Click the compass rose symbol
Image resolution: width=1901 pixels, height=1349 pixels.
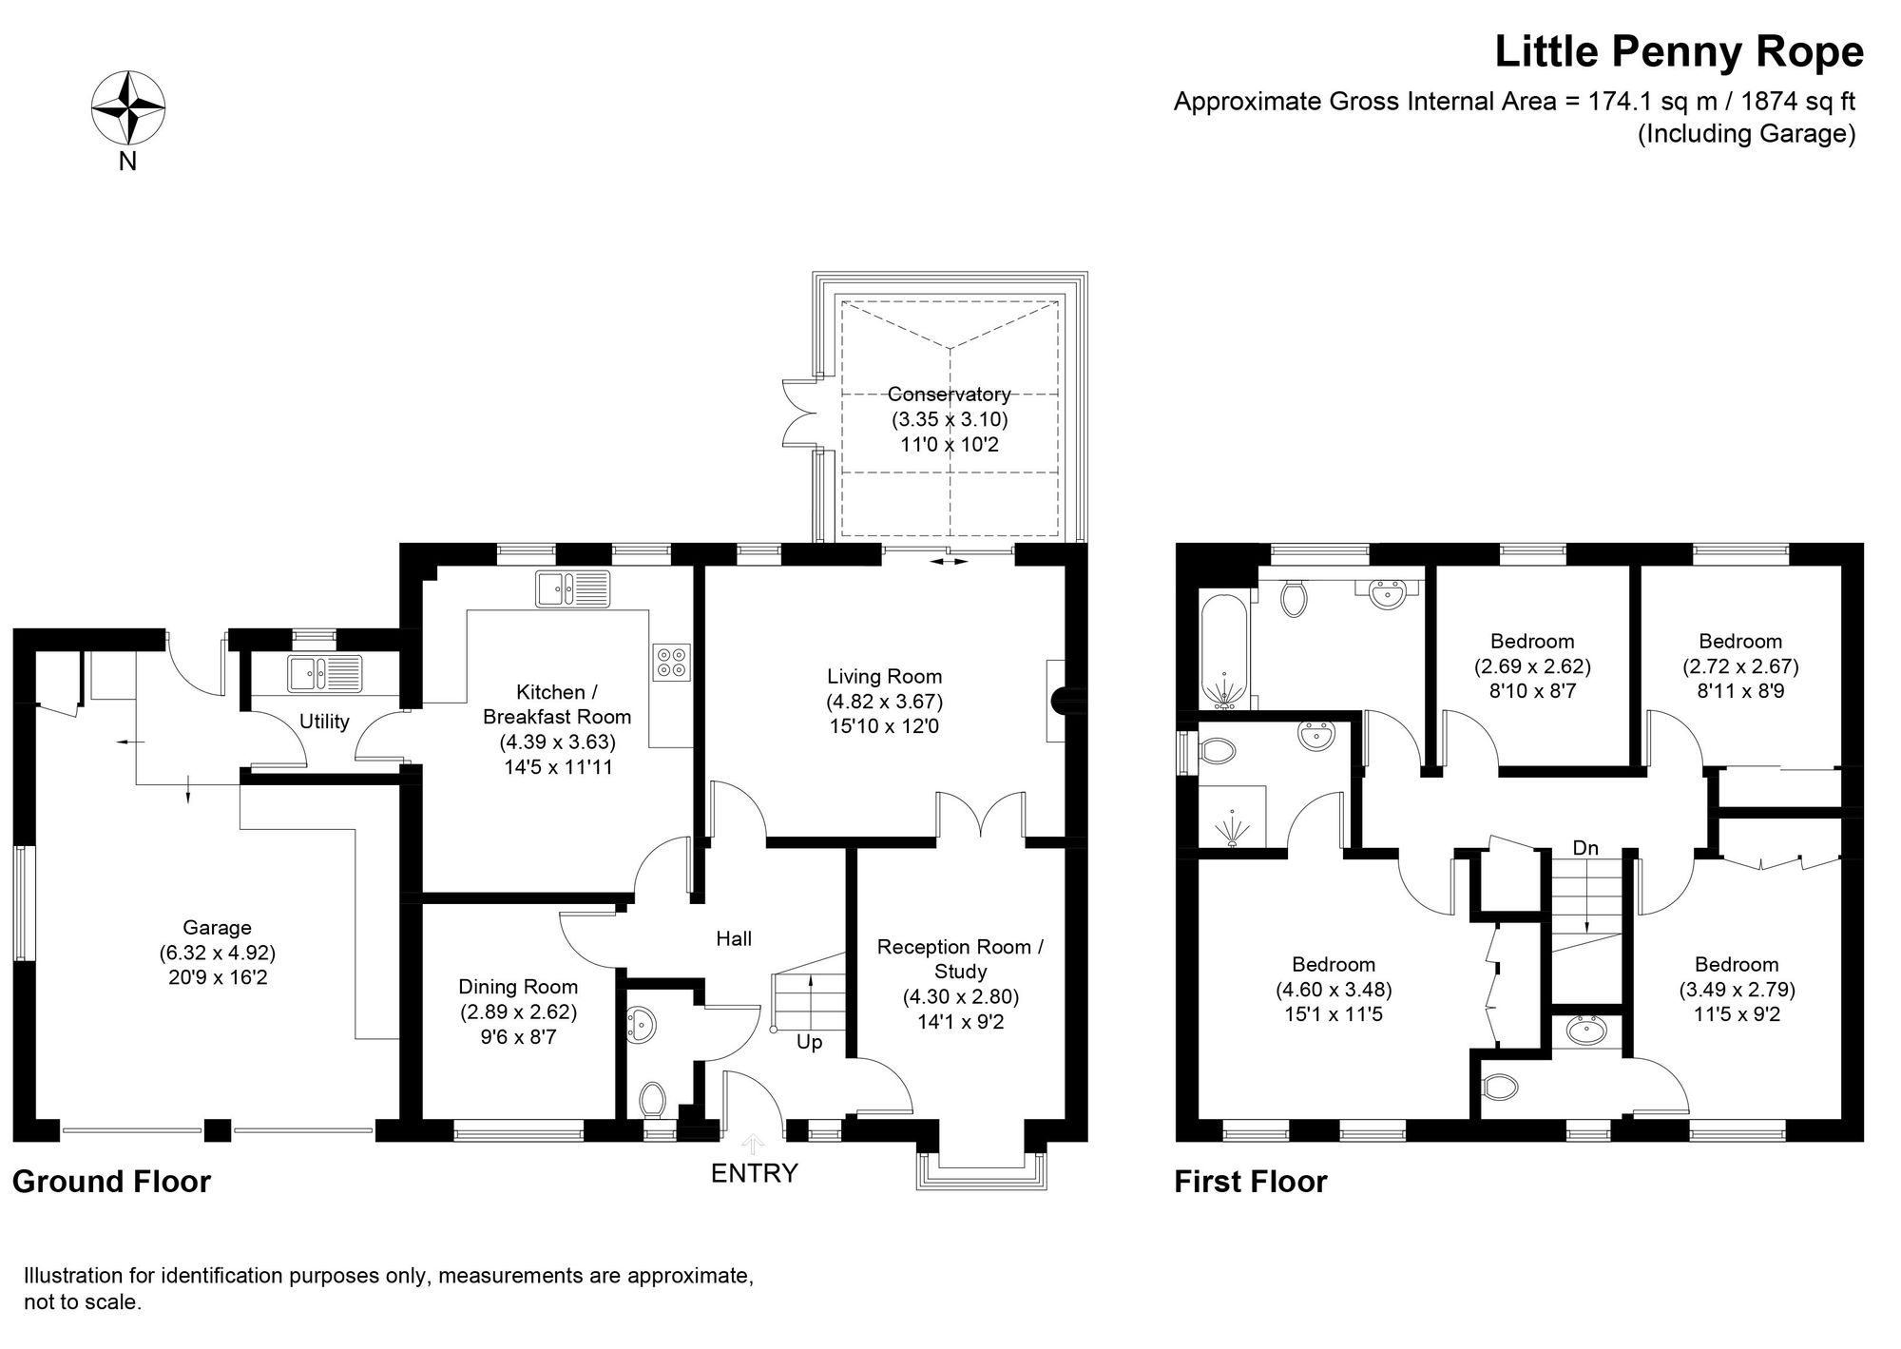pos(128,108)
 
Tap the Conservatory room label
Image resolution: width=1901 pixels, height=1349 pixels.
pos(949,394)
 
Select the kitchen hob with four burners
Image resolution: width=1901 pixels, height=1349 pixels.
pos(672,663)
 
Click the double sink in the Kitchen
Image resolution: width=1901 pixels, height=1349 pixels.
pos(572,588)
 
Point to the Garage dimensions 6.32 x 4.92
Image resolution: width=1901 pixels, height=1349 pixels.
pos(218,953)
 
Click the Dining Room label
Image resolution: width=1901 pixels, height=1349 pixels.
pos(518,987)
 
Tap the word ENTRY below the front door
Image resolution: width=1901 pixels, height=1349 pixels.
pos(754,1173)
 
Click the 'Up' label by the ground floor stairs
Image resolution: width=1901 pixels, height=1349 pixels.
pos(809,1042)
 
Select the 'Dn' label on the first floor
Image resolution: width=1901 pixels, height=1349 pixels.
pos(1584,847)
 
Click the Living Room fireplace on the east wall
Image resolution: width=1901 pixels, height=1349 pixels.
pos(1056,701)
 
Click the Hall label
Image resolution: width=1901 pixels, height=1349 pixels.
pos(734,939)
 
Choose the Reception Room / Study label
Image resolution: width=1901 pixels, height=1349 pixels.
pos(960,958)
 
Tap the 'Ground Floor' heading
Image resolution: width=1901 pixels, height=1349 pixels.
pos(111,1182)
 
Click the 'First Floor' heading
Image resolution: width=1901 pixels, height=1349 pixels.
pos(1250,1182)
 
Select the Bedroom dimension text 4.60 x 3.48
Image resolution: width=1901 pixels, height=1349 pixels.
pos(1333,990)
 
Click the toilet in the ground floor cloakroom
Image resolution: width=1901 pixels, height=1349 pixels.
pos(652,1100)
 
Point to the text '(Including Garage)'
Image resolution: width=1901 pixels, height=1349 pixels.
pos(1745,134)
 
